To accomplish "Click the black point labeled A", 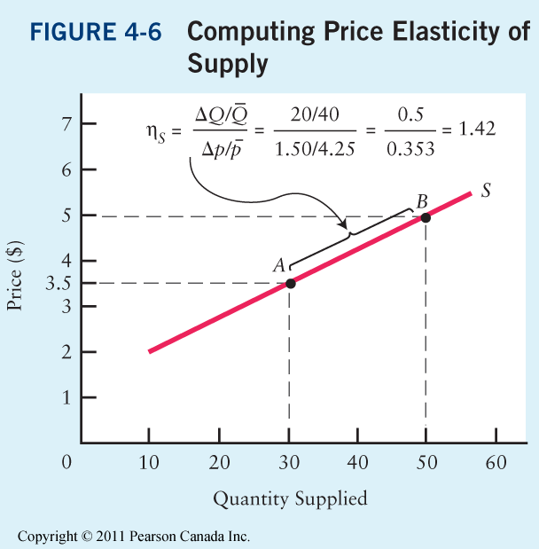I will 290,284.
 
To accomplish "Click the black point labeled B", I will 426,217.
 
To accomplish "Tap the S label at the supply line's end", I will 487,191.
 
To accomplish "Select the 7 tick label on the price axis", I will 64,123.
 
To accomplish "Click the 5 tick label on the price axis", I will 64,215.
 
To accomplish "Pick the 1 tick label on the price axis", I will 64,397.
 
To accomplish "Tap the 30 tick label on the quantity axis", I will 287,463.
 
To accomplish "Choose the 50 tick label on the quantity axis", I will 426,463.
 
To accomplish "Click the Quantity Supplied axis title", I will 290,498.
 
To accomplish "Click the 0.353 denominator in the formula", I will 410,148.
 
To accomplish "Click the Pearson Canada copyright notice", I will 134,537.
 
